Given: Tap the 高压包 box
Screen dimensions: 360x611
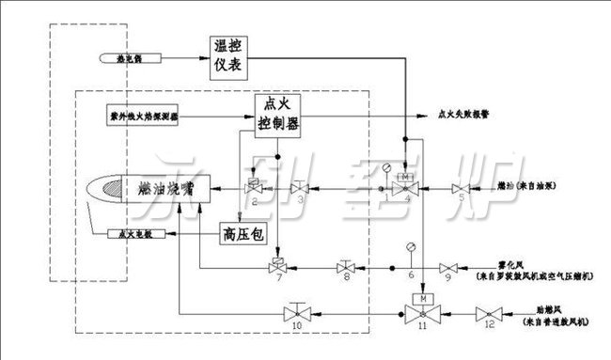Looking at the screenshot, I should [x=240, y=230].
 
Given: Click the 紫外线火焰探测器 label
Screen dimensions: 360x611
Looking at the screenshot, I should [x=139, y=118].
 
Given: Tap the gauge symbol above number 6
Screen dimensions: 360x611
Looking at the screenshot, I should [x=411, y=249].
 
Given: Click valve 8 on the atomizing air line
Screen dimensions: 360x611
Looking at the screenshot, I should [x=345, y=267].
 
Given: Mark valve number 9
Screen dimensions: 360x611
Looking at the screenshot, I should [x=448, y=268].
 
